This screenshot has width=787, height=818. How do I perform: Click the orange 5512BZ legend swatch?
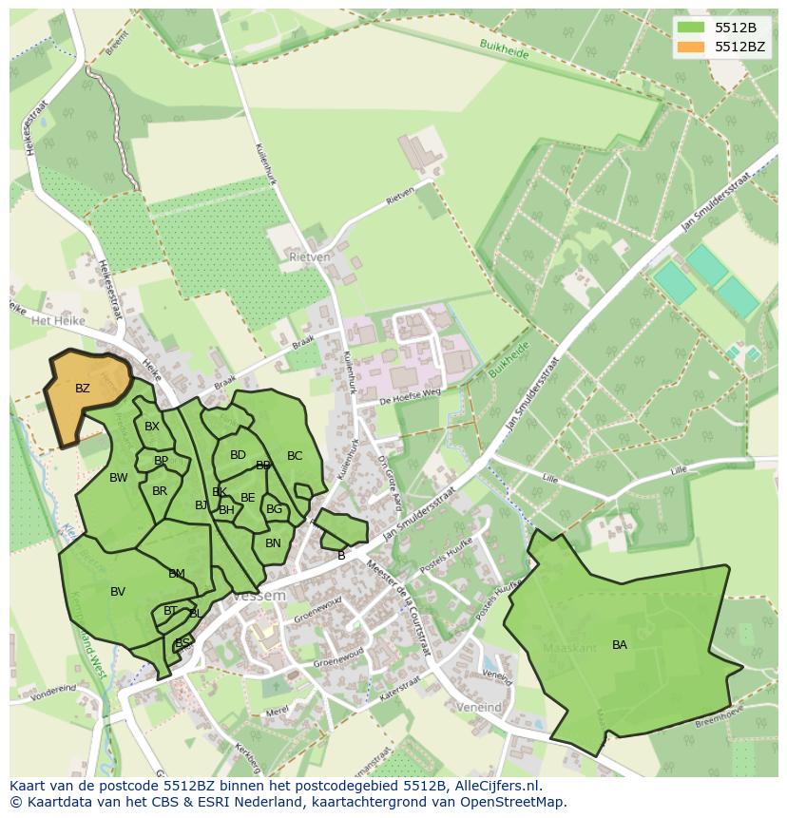[693, 47]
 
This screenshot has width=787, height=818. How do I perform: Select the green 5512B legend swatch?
[693, 28]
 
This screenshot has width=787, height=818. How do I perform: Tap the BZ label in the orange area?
[83, 389]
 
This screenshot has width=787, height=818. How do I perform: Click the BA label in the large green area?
[620, 645]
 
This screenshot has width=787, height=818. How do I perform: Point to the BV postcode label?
[118, 592]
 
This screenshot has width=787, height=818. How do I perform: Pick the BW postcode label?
[119, 478]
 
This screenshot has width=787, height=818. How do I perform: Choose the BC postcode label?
[295, 456]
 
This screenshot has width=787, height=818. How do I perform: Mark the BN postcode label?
[273, 543]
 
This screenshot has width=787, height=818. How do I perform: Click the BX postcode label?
[152, 427]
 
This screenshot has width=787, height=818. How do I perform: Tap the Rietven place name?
[310, 257]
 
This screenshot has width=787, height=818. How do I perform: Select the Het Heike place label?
[58, 321]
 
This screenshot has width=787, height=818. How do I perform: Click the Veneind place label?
[477, 708]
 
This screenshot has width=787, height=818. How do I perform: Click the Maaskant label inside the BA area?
[569, 647]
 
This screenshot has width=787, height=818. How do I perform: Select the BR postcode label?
[160, 491]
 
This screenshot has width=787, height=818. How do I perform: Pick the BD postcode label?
[238, 455]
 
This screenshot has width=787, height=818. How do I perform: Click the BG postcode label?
[275, 509]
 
